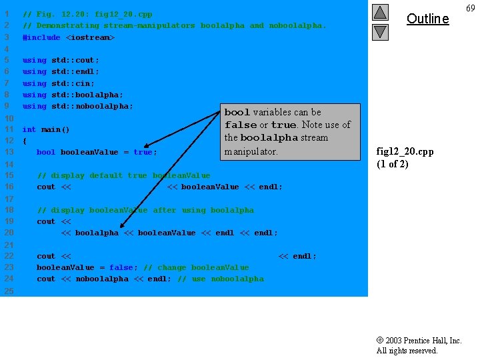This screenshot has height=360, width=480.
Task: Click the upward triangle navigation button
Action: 380,12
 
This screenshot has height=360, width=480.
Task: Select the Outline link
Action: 427,19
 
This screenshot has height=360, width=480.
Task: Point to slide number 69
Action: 471,7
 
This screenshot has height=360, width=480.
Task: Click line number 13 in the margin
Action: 9,152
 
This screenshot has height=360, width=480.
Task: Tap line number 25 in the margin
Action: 9,291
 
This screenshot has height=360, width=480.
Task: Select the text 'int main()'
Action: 46,129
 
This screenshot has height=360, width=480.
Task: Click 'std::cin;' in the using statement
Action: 73,83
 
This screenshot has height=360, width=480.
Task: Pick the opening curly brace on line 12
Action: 25,141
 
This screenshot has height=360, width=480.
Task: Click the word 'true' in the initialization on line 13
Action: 143,152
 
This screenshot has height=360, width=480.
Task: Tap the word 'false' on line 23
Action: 121,267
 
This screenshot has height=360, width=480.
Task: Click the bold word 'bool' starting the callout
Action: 237,113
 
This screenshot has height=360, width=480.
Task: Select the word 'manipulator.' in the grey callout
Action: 251,151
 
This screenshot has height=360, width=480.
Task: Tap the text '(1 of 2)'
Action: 393,164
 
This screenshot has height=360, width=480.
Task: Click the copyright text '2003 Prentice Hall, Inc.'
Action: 423,341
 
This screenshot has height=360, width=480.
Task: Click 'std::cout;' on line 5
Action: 75,60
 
